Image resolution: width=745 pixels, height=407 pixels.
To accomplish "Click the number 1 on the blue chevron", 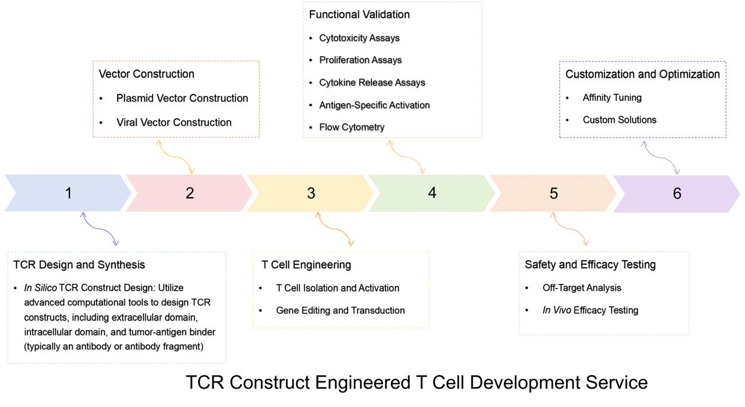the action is pos(68,193).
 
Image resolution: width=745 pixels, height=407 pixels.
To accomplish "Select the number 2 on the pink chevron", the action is pos(190,193).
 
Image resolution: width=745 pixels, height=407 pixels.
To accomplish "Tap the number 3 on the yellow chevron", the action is pos(311,193).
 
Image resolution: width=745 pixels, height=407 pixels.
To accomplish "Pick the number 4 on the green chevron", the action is pos(432,193).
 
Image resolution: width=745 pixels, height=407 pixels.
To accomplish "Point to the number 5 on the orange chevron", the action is pos(553,193).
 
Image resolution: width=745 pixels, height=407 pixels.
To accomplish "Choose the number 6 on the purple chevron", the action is pos(677,193).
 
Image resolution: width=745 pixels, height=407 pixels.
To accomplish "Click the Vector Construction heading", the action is pos(147,74).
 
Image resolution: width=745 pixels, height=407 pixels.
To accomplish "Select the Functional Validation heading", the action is pos(359,14).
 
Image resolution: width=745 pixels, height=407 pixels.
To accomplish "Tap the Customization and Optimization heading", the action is pos(643,74).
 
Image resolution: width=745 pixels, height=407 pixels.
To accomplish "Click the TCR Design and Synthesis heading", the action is pos(79,265).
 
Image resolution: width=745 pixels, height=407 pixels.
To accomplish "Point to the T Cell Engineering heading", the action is pos(306,265).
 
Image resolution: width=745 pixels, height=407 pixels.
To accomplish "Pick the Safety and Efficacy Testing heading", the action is pos(591,264).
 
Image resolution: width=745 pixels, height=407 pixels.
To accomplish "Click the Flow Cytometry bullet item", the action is pos(352,127).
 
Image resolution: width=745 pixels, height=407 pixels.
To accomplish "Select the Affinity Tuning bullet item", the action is pos(612,97).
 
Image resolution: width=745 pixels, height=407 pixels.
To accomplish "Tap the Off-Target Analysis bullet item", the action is pos(582,288).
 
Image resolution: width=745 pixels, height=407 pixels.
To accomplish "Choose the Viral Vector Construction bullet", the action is pos(174,122).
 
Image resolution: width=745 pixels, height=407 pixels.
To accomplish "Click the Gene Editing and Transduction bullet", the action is pos(340,310).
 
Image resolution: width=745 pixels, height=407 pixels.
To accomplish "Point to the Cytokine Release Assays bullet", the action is pos(372,83).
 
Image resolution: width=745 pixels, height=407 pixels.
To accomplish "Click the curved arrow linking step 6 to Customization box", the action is pos(661,158).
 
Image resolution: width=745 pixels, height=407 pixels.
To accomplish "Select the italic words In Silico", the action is pos(40,288).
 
